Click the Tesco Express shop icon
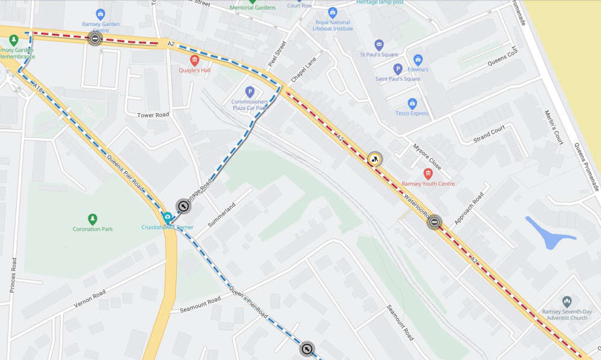[412, 103]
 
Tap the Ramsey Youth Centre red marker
[428, 174]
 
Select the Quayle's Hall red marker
[194, 60]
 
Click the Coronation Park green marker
[93, 219]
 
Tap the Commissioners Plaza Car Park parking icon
[250, 92]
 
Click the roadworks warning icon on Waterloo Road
[375, 159]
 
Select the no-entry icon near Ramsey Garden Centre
[95, 38]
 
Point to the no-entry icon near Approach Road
[435, 222]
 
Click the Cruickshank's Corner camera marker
[168, 217]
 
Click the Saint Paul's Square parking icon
[397, 69]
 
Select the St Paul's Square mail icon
[379, 44]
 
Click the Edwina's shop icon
[418, 59]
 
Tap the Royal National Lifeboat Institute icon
[332, 12]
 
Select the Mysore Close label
[427, 156]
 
